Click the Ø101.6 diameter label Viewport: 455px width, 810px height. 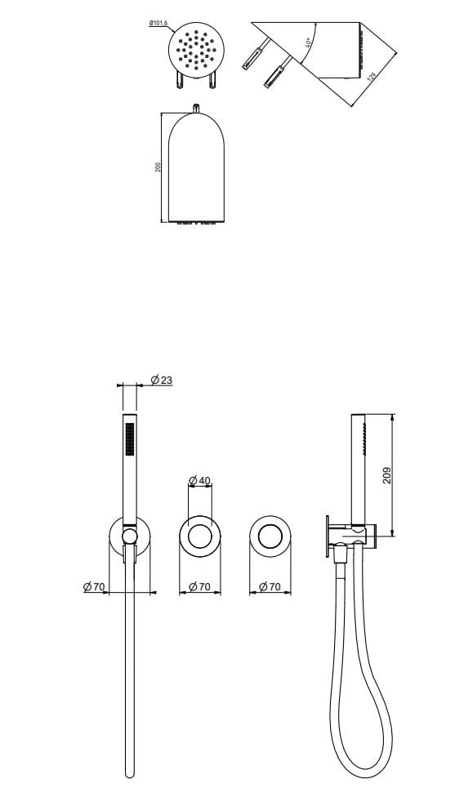pos(158,24)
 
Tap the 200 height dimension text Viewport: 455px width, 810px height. pos(159,166)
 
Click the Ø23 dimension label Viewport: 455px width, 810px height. pos(162,380)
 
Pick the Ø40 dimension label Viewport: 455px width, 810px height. pos(200,479)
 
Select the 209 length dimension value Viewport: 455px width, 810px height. pos(387,475)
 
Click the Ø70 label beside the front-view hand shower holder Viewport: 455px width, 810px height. pos(96,586)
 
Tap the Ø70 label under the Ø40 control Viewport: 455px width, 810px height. pos(200,586)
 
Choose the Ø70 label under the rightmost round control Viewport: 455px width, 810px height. pos(270,586)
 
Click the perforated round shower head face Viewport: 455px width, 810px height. pos(194,51)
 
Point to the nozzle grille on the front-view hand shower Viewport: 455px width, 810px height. pos(127,441)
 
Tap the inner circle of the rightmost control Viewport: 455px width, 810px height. pos(270,536)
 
